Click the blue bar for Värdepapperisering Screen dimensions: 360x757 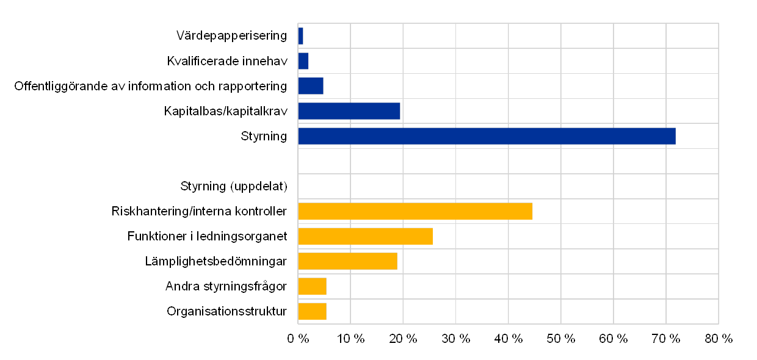point(300,36)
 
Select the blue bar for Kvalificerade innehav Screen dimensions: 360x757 point(303,61)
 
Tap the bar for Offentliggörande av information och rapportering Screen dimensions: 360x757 point(311,86)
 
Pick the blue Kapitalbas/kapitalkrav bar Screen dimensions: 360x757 point(349,111)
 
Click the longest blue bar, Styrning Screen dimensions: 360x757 point(487,136)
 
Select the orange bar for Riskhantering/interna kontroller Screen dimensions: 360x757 point(415,211)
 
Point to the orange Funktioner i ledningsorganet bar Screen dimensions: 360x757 point(365,236)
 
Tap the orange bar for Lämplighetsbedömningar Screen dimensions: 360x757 point(347,261)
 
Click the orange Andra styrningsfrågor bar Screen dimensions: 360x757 point(312,286)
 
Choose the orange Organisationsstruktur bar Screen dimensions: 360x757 point(312,311)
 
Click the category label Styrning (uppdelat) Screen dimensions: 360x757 point(234,186)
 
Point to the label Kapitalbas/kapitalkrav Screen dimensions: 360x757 point(226,111)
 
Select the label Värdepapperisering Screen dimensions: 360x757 point(231,36)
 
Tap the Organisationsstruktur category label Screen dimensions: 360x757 point(227,311)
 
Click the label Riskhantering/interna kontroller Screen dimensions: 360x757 point(201,211)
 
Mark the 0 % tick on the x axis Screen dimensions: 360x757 point(298,339)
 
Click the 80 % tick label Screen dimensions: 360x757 point(718,339)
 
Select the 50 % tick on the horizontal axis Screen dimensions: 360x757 point(560,339)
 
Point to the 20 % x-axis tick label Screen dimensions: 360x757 point(403,339)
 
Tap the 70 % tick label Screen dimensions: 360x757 point(665,339)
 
